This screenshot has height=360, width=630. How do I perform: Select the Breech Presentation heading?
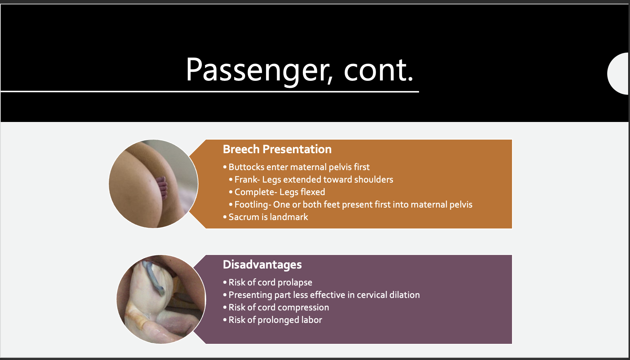[277, 149]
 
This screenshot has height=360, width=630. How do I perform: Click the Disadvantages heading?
[262, 264]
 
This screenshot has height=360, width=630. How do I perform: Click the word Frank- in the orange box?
[247, 180]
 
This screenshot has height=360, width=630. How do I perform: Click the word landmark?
[289, 217]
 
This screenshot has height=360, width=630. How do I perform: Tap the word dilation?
[404, 295]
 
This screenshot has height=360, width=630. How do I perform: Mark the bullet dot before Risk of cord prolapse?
[225, 282]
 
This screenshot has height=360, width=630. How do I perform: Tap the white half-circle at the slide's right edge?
[619, 73]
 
